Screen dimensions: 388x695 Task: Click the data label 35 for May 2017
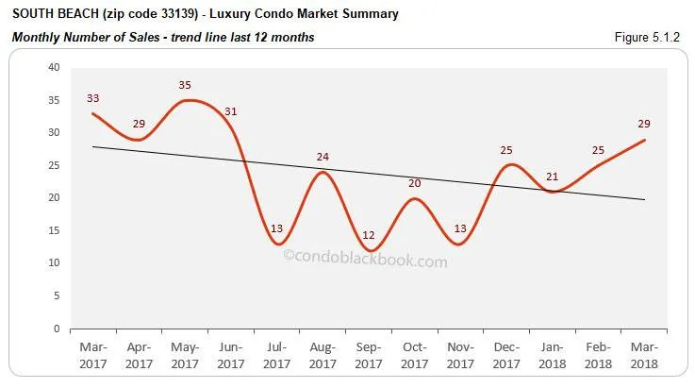pyautogui.click(x=184, y=85)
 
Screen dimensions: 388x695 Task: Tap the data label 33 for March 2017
pyautogui.click(x=93, y=98)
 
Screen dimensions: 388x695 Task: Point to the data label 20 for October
pyautogui.click(x=415, y=183)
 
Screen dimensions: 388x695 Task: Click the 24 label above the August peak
pyautogui.click(x=323, y=157)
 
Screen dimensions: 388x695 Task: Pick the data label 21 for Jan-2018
pyautogui.click(x=553, y=176)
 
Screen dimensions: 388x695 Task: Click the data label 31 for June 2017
pyautogui.click(x=231, y=111)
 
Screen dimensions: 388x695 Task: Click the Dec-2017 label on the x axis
pyautogui.click(x=505, y=355)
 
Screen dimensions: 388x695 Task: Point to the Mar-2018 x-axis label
pyautogui.click(x=643, y=355)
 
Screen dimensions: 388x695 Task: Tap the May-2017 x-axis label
pyautogui.click(x=184, y=355)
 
